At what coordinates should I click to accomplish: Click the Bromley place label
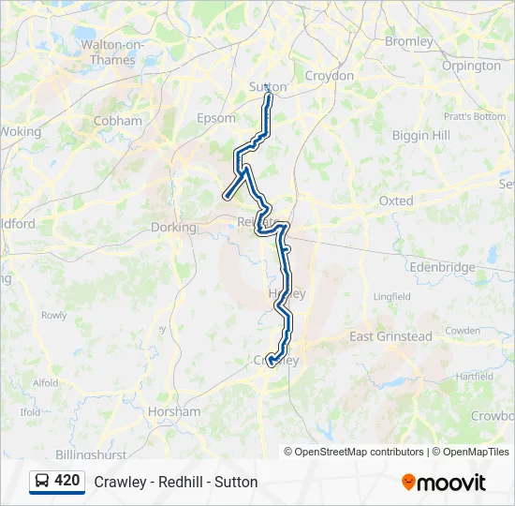pyautogui.click(x=409, y=41)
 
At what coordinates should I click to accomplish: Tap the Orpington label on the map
pyautogui.click(x=470, y=67)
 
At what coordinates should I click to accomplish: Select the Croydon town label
pyautogui.click(x=330, y=75)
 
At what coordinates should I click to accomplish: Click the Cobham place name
pyautogui.click(x=118, y=121)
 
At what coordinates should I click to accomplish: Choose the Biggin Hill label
pyautogui.click(x=421, y=136)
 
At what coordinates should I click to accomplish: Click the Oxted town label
pyautogui.click(x=396, y=201)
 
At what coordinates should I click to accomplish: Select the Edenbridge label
pyautogui.click(x=442, y=267)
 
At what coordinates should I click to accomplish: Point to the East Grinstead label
pyautogui.click(x=390, y=336)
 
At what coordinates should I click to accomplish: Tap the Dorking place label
pyautogui.click(x=173, y=227)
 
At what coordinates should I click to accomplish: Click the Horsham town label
pyautogui.click(x=174, y=411)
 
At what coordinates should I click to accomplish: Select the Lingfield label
pyautogui.click(x=392, y=297)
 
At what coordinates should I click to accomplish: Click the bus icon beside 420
pyautogui.click(x=43, y=481)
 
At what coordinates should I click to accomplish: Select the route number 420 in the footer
pyautogui.click(x=67, y=481)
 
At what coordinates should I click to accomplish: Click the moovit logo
pyautogui.click(x=444, y=483)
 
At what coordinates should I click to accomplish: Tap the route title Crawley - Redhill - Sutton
pyautogui.click(x=176, y=483)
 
